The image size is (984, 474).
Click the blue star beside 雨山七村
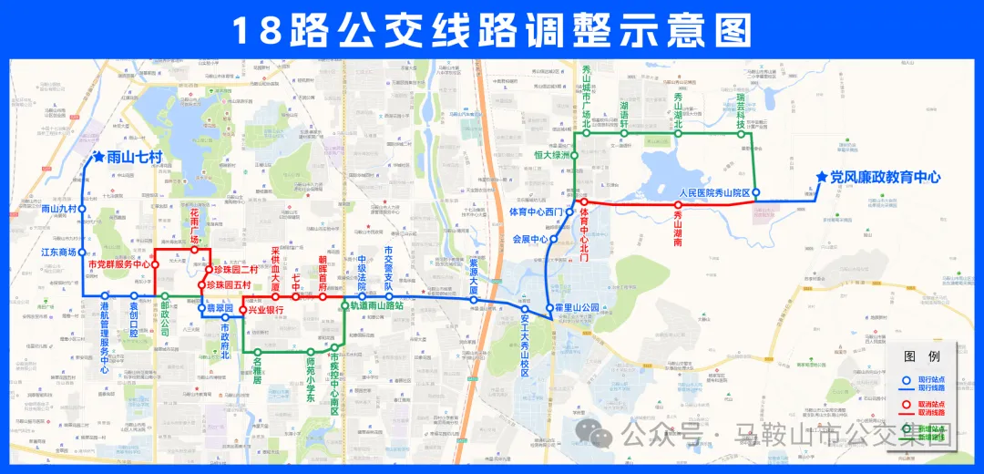(98, 158)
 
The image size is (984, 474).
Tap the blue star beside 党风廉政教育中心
(823, 178)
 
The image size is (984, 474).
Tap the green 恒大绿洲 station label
(551, 155)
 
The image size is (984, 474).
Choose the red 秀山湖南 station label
(678, 228)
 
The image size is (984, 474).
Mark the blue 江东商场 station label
(59, 252)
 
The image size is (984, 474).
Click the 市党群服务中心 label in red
(119, 265)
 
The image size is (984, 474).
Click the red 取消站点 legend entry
(930, 404)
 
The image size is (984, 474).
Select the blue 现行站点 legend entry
(930, 379)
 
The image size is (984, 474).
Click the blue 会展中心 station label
(530, 240)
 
